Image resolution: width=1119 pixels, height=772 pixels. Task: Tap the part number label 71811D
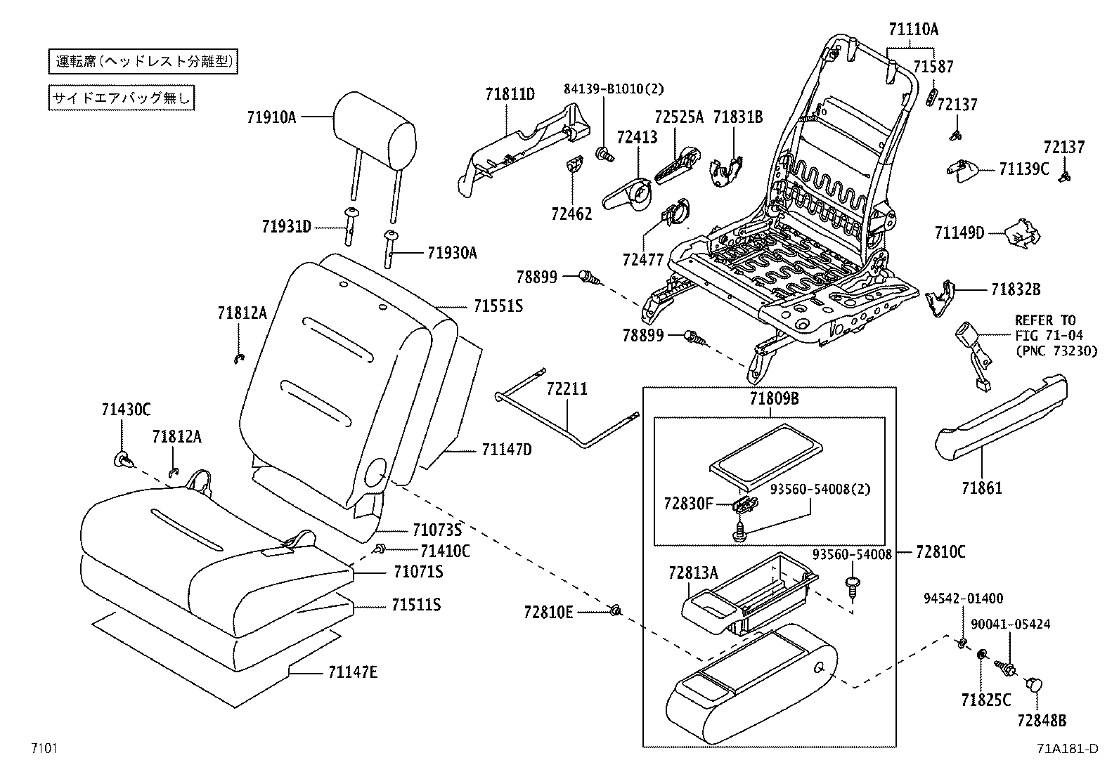[510, 93]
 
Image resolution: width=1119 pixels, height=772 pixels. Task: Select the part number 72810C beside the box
[940, 552]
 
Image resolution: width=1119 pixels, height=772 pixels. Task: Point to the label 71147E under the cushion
[352, 672]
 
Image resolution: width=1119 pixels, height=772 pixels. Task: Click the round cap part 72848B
[1035, 683]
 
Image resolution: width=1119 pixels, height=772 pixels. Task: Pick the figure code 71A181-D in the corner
[1066, 748]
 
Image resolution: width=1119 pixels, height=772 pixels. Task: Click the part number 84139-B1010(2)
[613, 89]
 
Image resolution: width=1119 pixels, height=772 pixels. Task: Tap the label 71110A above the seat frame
[912, 30]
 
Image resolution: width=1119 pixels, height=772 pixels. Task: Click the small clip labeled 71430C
[122, 460]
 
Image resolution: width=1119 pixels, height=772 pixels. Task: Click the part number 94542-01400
[964, 598]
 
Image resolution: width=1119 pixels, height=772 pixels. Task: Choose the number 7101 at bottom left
[43, 748]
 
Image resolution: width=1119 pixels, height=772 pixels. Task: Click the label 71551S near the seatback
[498, 306]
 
